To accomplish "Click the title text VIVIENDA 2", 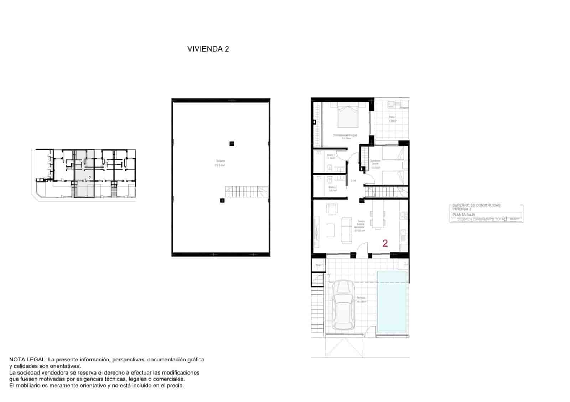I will [x=208, y=49].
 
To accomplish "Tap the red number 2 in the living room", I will [x=385, y=243].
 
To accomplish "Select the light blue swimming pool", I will [x=392, y=301].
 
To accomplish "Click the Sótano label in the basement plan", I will [x=220, y=161].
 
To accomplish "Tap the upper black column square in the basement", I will [x=232, y=144].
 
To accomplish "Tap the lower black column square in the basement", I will [x=222, y=201].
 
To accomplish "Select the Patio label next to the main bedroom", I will [x=392, y=117].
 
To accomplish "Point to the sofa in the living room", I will [x=346, y=230].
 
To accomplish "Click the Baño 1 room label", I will [x=331, y=155].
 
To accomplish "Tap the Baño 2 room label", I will [x=332, y=187].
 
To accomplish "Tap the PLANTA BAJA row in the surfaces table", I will [x=463, y=215].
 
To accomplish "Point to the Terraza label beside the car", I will [x=361, y=298].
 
